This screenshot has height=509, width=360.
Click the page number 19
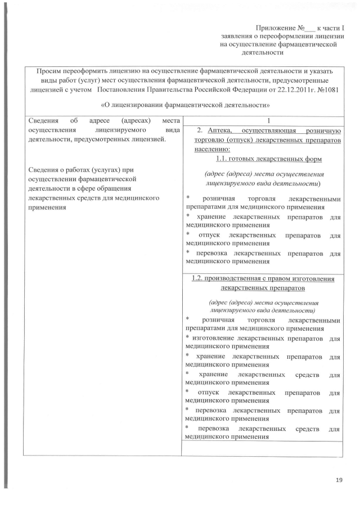(339, 479)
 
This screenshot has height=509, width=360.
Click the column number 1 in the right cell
(262, 120)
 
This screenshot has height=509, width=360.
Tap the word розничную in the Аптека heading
(320, 129)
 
